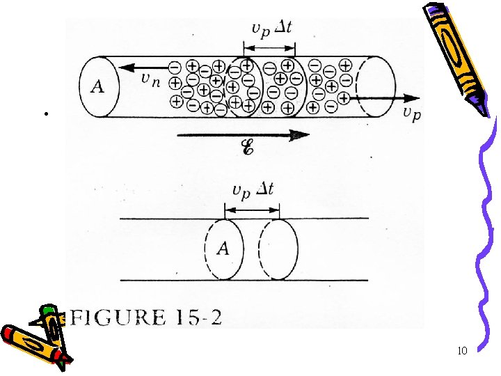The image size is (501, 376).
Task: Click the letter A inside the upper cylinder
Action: point(98,86)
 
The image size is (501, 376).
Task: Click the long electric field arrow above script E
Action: point(244,135)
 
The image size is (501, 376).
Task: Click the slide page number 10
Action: point(463,350)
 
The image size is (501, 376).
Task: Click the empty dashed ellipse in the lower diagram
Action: point(278,249)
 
